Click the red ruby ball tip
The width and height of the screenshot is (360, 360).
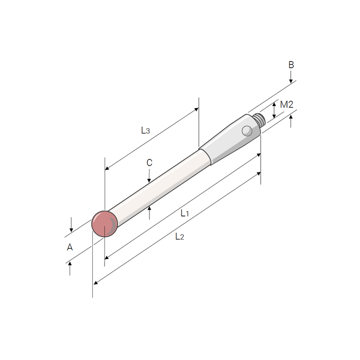(105, 224)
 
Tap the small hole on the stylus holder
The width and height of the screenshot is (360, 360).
(247, 130)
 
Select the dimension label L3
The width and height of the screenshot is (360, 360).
(145, 130)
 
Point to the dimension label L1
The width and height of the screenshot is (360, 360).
(185, 213)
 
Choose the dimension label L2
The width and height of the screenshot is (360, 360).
(180, 236)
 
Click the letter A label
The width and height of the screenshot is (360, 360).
(70, 247)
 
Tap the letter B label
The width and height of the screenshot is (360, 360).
(291, 65)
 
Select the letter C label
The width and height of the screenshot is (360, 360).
(149, 163)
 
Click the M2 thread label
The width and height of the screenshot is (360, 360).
(287, 104)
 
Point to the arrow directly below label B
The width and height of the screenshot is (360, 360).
(291, 77)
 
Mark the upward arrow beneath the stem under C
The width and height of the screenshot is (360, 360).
(149, 211)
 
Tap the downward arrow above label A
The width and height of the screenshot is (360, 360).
(71, 226)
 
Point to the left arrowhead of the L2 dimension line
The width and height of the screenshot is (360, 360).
(96, 283)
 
